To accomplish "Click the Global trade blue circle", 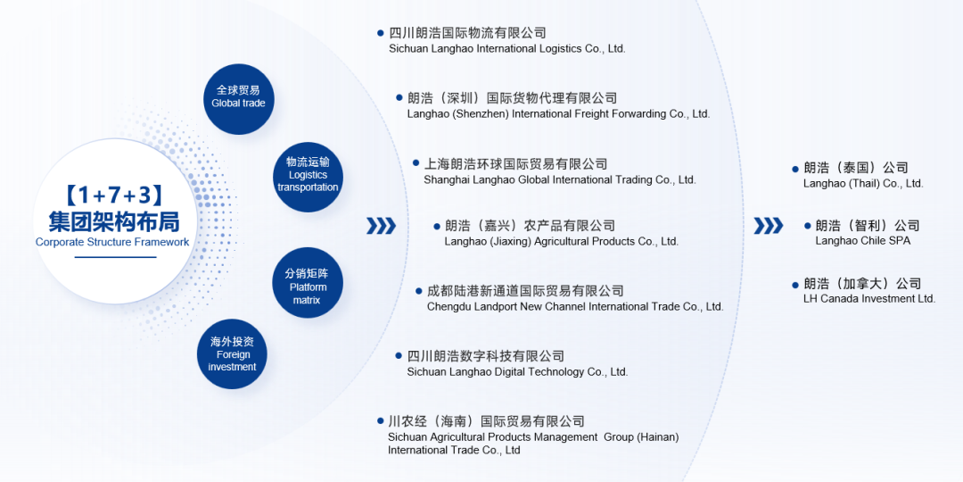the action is click(238, 99).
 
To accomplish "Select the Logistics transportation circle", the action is click(307, 177).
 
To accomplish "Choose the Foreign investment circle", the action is click(232, 353).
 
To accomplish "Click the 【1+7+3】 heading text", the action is click(113, 195).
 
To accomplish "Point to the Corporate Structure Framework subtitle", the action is click(112, 242).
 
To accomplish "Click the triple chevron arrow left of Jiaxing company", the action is click(382, 226).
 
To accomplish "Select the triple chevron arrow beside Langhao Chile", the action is click(769, 226).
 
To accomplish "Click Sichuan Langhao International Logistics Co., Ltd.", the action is click(507, 48).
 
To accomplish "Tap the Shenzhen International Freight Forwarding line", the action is click(558, 113).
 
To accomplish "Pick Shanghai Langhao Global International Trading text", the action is click(559, 180).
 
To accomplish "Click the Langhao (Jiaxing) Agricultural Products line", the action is click(562, 242).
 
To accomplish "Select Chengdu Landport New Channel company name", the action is click(575, 306).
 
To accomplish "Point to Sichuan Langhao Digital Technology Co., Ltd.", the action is click(517, 372).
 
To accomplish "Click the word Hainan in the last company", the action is click(658, 437).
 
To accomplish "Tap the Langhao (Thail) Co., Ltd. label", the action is click(863, 183).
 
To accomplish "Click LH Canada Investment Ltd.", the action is click(869, 299).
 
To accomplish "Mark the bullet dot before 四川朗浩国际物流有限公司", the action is click(381, 33).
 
